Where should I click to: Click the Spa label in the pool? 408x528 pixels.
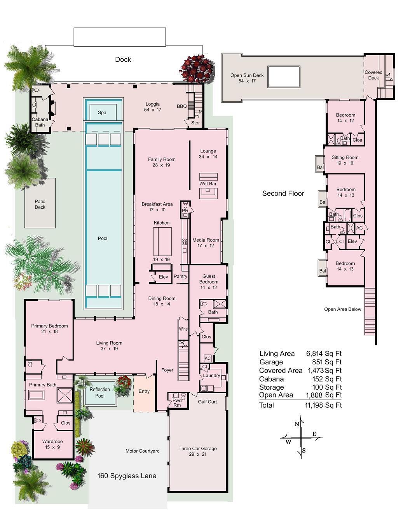[x=102, y=113]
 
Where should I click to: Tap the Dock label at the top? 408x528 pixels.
[x=123, y=59]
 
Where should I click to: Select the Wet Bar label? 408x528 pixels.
[x=208, y=183]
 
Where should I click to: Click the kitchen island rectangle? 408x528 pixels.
[x=162, y=241]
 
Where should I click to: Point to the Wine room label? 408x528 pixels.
[x=183, y=329]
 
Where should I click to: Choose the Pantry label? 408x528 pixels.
[x=181, y=277]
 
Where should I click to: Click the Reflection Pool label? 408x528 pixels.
[x=100, y=392]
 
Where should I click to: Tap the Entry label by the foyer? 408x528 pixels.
[x=144, y=391]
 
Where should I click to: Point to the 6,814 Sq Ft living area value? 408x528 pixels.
[x=324, y=354]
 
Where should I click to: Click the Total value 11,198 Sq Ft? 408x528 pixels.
[x=323, y=405]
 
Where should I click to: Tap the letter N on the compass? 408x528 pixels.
[x=297, y=424]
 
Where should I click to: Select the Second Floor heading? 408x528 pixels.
[x=283, y=193]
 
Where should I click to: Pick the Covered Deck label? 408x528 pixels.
[x=373, y=75]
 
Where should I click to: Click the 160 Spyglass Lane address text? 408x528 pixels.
[x=127, y=476]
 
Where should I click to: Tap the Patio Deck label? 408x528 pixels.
[x=40, y=204]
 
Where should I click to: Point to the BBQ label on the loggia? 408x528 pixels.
[x=182, y=106]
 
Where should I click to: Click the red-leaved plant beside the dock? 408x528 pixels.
[x=197, y=68]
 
